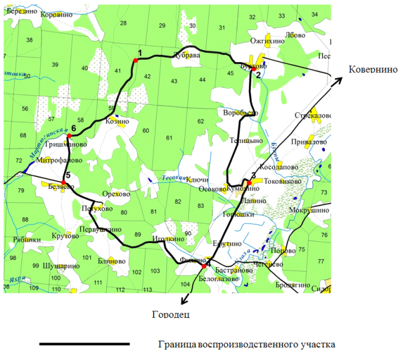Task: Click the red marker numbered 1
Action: coord(135,60)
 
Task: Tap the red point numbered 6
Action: coord(69,136)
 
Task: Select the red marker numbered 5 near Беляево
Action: coord(63,182)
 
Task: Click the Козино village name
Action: coord(117,122)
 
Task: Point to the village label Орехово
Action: coord(117,194)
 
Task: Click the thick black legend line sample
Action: coord(84,345)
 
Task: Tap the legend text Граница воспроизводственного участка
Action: coord(246,345)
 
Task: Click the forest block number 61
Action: coord(169,138)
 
